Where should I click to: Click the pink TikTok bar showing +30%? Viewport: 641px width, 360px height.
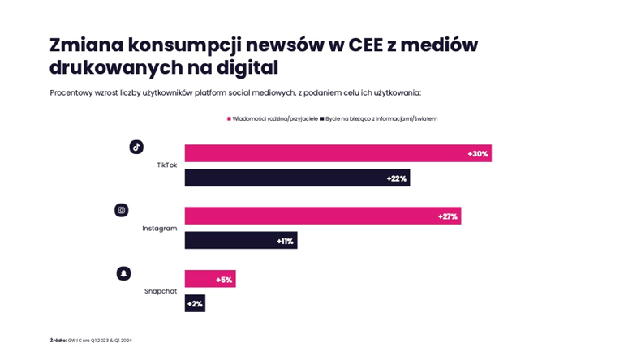(x=338, y=153)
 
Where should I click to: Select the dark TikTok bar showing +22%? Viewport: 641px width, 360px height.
(x=297, y=178)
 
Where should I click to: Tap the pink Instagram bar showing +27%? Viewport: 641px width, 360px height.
(x=322, y=216)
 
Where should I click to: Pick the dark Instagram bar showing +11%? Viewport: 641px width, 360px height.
(x=240, y=240)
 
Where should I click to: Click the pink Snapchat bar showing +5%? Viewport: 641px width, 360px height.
(x=209, y=279)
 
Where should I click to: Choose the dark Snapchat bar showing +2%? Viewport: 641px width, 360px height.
(x=195, y=303)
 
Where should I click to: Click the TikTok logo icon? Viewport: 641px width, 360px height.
(x=136, y=147)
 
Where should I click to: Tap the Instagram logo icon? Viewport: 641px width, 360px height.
(x=122, y=210)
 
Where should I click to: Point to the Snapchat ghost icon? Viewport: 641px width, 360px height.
(x=123, y=273)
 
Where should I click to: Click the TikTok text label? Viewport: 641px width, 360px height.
(x=166, y=165)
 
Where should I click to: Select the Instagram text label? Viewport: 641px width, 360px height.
(x=159, y=229)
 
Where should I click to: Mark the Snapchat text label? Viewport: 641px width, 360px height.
(x=161, y=291)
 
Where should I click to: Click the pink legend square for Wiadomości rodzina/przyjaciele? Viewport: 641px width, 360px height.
(x=229, y=118)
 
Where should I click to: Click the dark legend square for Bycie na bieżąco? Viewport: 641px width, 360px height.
(x=322, y=118)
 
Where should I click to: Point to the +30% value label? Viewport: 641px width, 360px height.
(x=478, y=154)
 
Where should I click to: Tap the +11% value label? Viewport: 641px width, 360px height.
(x=285, y=241)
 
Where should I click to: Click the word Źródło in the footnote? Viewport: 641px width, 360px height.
(x=58, y=341)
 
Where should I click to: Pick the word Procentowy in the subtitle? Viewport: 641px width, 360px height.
(x=71, y=92)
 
